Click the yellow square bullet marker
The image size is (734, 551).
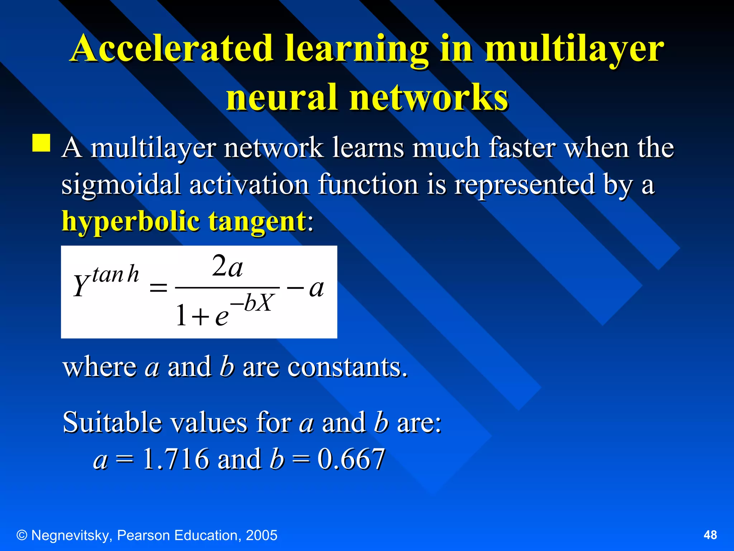click(x=41, y=143)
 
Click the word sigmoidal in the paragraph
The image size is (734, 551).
click(x=121, y=184)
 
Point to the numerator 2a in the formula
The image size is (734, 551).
click(x=227, y=267)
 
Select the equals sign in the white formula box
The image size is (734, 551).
click(x=158, y=287)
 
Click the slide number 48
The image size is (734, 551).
click(x=710, y=535)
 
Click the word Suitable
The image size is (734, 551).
click(x=112, y=422)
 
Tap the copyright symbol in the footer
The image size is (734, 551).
click(x=22, y=535)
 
